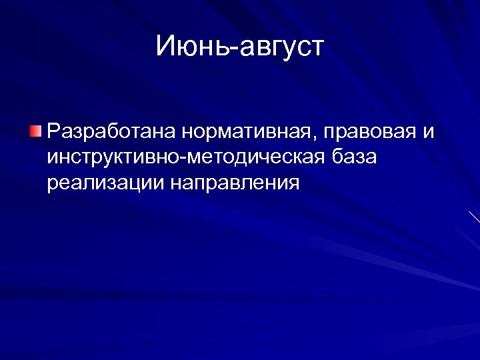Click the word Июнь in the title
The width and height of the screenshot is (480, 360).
point(189,47)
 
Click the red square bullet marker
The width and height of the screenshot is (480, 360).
point(35,129)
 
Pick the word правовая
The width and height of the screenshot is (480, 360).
point(369,132)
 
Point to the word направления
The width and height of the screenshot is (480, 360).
point(235,183)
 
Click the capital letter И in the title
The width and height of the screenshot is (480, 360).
point(166,46)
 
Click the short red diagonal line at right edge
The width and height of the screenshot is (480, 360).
point(474,217)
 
